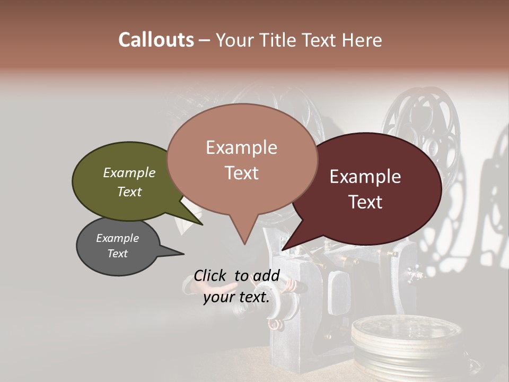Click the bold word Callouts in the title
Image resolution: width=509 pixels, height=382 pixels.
point(156,40)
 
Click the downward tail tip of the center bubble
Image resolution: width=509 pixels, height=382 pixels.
point(244,244)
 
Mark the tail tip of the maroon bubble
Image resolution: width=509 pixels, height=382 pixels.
point(283,249)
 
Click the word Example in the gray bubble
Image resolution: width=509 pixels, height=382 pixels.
point(118,238)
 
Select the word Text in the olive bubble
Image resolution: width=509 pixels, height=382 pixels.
point(129,192)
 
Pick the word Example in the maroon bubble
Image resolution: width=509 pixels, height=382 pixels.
point(365,177)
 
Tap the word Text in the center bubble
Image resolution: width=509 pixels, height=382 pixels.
point(242,173)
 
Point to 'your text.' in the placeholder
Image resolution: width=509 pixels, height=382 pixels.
point(236,297)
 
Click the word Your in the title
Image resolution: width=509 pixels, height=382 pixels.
point(236,40)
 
